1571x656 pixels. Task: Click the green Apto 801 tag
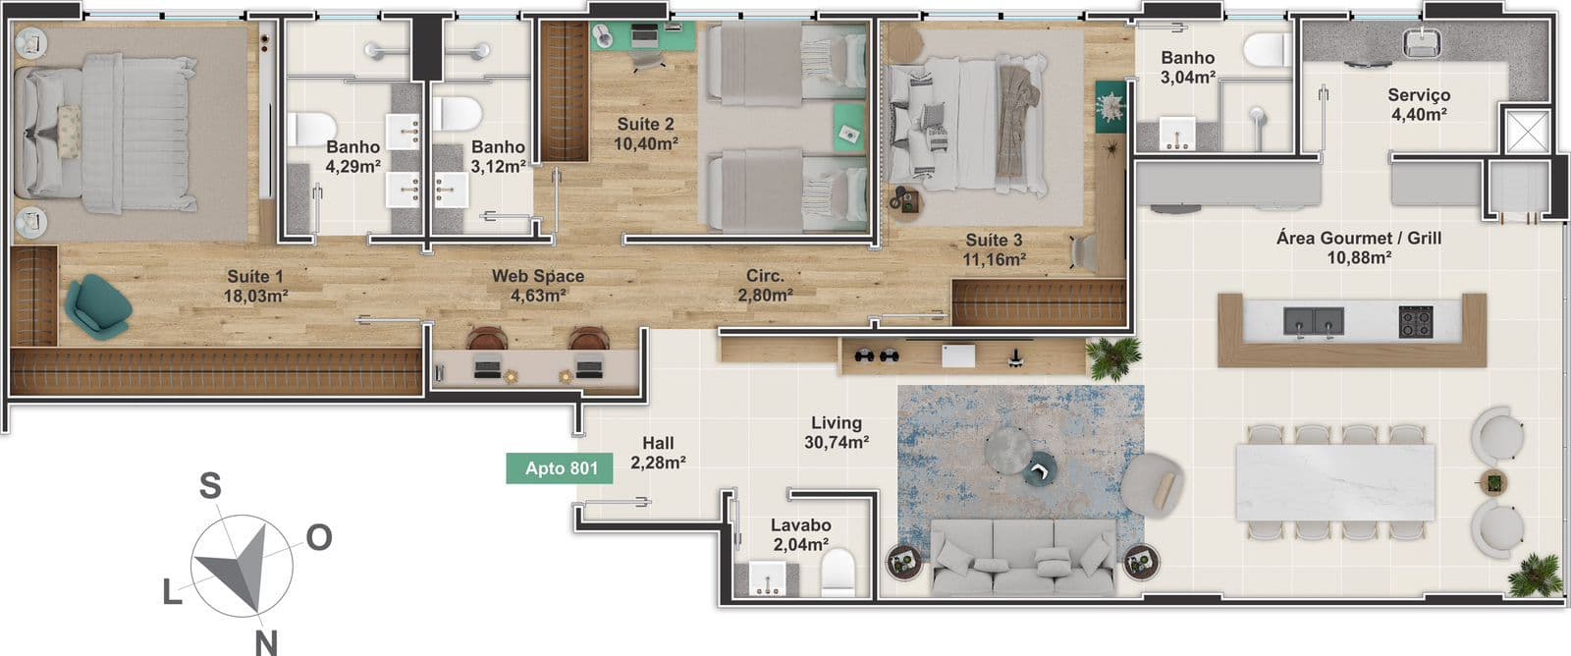(x=560, y=468)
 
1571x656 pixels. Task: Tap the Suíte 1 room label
(x=255, y=276)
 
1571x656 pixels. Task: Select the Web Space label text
(x=538, y=276)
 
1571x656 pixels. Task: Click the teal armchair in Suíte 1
(x=97, y=305)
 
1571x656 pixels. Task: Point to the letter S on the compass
(x=210, y=485)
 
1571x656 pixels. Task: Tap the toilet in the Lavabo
(x=839, y=572)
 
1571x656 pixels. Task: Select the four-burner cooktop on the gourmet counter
(x=1416, y=322)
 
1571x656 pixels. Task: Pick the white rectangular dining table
(x=1334, y=482)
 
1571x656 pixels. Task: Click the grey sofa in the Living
(x=1023, y=557)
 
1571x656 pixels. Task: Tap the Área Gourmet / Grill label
(x=1359, y=238)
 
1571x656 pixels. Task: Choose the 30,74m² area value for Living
(x=837, y=442)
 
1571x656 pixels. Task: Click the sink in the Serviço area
(x=1422, y=43)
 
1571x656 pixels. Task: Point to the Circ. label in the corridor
(x=765, y=276)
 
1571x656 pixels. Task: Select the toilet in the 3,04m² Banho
(x=1267, y=50)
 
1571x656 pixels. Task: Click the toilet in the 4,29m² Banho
(x=309, y=129)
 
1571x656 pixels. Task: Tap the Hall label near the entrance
(x=658, y=443)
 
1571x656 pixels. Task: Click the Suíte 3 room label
(x=994, y=240)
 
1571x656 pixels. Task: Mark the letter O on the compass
(x=319, y=537)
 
